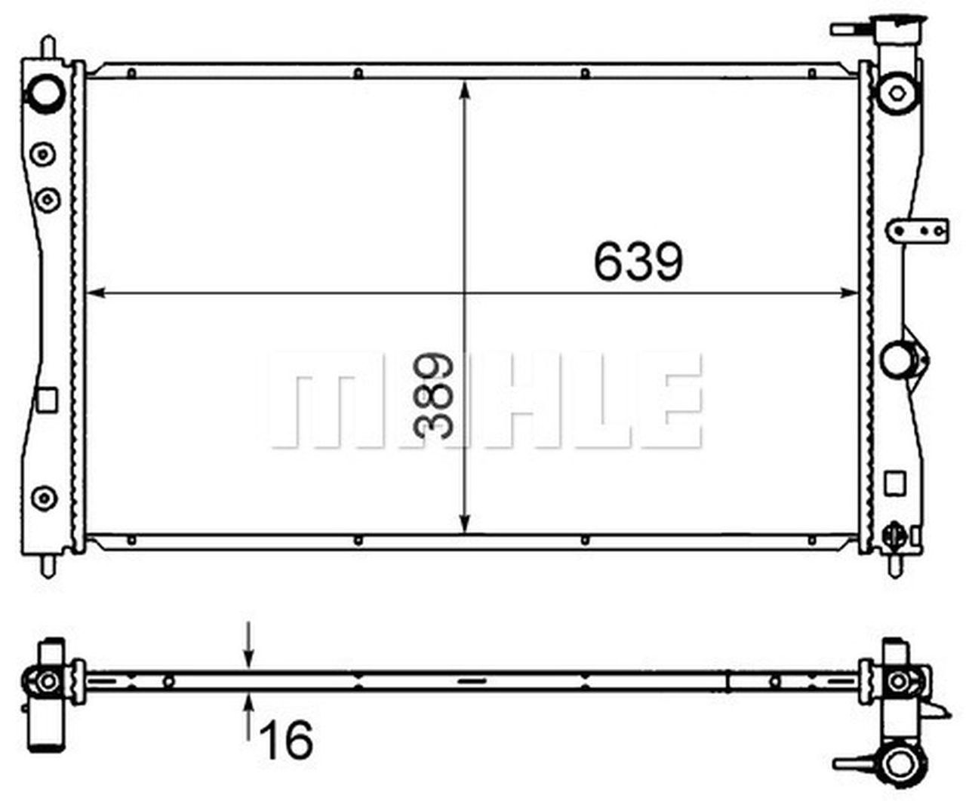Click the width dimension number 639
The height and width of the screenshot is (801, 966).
tap(638, 262)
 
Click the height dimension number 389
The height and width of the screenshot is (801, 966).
tap(433, 395)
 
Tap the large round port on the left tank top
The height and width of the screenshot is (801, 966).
tap(45, 94)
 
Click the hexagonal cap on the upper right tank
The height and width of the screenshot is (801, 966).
tap(897, 94)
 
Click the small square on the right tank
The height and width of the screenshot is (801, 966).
tap(894, 483)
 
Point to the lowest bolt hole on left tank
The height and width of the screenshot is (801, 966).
tap(44, 497)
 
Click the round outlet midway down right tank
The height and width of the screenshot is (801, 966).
tap(897, 359)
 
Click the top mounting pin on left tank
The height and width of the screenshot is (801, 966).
tap(48, 47)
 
